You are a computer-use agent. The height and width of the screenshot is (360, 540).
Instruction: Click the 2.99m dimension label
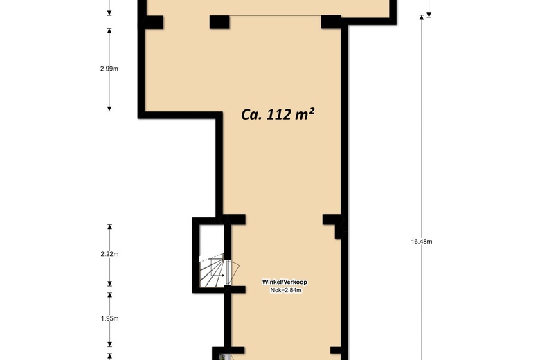[x=109, y=69]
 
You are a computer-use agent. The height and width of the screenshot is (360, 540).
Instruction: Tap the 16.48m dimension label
[x=422, y=242]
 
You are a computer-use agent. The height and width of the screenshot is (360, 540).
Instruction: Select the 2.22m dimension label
[x=109, y=254]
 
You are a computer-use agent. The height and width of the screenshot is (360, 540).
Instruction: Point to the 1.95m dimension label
[x=109, y=318]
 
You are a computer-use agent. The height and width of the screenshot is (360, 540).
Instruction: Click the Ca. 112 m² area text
[x=278, y=114]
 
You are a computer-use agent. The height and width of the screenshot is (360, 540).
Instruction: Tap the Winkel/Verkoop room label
[x=285, y=282]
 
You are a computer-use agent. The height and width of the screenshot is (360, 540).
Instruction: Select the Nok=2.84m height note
[x=286, y=290]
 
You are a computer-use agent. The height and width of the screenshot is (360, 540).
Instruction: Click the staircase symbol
[x=212, y=271]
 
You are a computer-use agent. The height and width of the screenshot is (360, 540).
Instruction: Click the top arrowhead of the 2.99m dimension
[x=109, y=30]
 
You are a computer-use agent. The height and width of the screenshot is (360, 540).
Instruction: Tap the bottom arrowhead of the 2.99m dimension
[x=109, y=109]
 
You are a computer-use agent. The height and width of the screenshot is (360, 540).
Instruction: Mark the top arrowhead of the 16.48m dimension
[x=421, y=17]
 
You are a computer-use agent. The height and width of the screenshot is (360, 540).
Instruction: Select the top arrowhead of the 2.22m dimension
[x=109, y=226]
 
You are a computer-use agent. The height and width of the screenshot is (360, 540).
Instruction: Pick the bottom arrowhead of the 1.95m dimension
[x=109, y=344]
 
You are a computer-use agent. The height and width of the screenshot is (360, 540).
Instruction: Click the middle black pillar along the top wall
[x=219, y=22]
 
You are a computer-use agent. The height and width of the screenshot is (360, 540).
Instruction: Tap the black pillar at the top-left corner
[x=151, y=22]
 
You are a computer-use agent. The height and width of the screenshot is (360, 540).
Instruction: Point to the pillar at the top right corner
[x=331, y=22]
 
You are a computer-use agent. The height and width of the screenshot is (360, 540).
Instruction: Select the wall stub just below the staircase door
[x=235, y=289]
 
